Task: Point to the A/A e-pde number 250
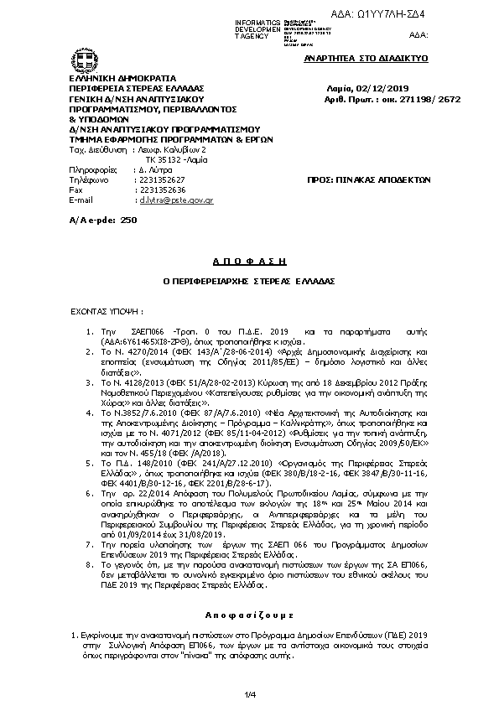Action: point(128,219)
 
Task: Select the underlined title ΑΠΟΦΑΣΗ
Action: point(249,262)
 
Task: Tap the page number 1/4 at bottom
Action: point(249,693)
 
